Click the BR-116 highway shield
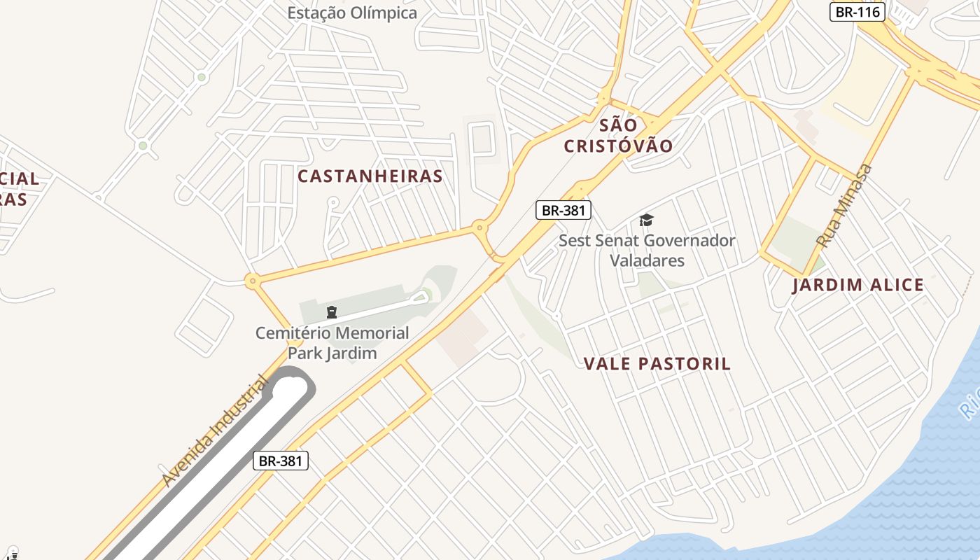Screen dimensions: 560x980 (x=857, y=12)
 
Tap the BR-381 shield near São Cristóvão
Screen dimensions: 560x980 (x=563, y=210)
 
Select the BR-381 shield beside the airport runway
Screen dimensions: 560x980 (x=280, y=461)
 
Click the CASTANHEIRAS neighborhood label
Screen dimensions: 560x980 (x=370, y=176)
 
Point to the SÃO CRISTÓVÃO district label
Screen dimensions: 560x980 (x=618, y=136)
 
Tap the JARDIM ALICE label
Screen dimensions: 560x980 (x=858, y=285)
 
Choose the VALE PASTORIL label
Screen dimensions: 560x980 (x=657, y=364)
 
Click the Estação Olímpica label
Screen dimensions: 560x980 (x=353, y=13)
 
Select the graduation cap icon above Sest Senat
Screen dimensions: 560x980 (x=645, y=220)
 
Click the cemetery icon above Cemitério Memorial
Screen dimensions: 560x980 (x=332, y=311)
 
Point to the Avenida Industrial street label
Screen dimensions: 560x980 (x=215, y=430)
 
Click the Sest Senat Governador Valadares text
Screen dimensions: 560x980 (x=647, y=251)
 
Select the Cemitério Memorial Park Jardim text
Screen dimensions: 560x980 (x=332, y=343)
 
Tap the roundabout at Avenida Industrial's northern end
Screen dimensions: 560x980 (x=252, y=281)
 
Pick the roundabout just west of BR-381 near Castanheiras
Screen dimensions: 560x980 (x=479, y=227)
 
